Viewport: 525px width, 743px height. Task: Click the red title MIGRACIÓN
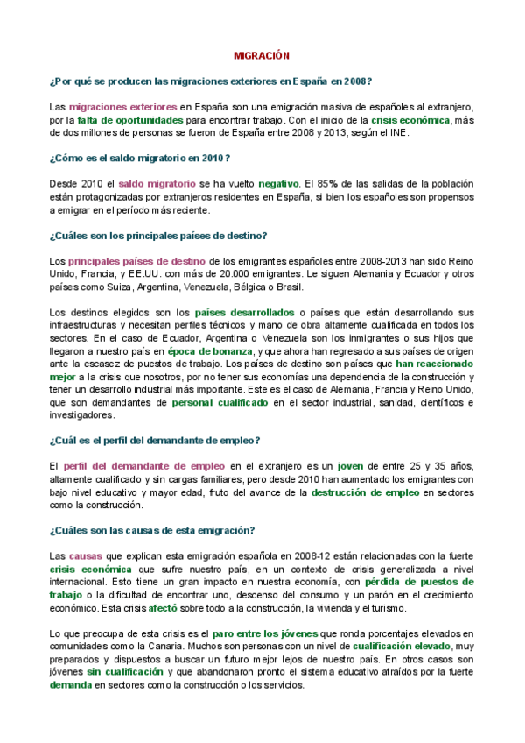point(261,55)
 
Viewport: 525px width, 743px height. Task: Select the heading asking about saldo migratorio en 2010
point(140,157)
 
